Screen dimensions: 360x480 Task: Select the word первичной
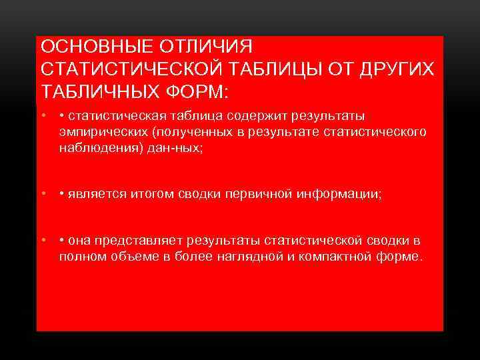click(x=256, y=194)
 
